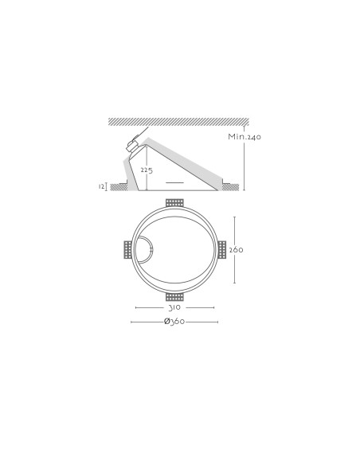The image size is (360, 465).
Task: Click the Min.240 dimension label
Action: pos(245,136)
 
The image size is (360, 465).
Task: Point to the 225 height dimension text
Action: pos(147,170)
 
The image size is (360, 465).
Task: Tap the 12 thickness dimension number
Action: pos(101,186)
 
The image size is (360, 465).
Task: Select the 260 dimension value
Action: pos(237,250)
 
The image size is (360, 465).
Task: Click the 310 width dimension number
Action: pos(174,307)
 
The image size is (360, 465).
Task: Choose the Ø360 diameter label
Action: pos(174,321)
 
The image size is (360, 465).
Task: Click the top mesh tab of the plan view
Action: pos(174,203)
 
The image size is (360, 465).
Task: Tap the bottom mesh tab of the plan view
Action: pos(174,297)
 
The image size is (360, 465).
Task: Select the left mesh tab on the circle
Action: pos(127,250)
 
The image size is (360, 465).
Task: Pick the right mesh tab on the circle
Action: pos(221,250)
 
